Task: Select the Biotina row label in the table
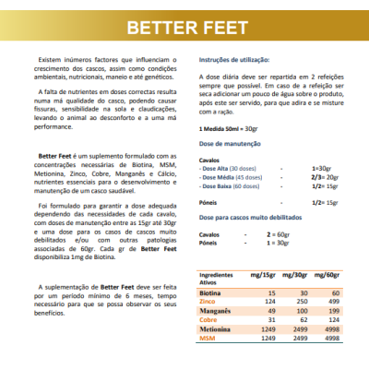210,292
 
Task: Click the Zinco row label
208,301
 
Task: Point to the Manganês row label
214,311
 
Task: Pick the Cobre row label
208,319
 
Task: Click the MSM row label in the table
208,338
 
